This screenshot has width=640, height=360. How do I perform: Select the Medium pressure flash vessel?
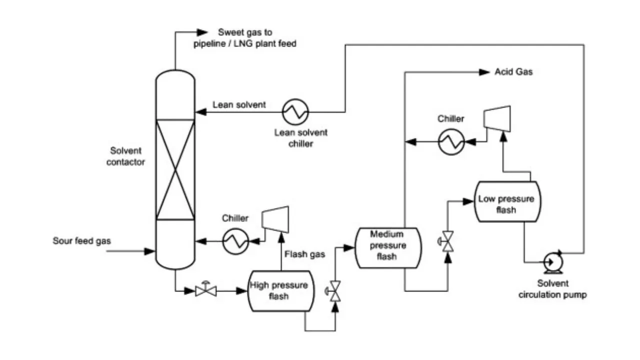387,247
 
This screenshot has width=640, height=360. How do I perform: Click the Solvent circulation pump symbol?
553,260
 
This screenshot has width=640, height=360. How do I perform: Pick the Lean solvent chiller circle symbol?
295,111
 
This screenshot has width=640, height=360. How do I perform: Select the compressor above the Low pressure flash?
497,119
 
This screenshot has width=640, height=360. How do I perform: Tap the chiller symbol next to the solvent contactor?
235,241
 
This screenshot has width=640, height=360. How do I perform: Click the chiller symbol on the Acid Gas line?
452,142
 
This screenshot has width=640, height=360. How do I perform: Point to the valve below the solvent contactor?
205,289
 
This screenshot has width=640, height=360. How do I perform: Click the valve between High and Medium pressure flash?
335,290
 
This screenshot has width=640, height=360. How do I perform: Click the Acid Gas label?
513,72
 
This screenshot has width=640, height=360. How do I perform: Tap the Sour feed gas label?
82,241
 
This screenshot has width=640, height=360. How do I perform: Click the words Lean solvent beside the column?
239,105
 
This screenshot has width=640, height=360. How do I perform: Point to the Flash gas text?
304,254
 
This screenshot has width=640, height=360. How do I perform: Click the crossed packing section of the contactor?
175,169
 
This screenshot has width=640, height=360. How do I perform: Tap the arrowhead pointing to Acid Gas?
484,72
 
